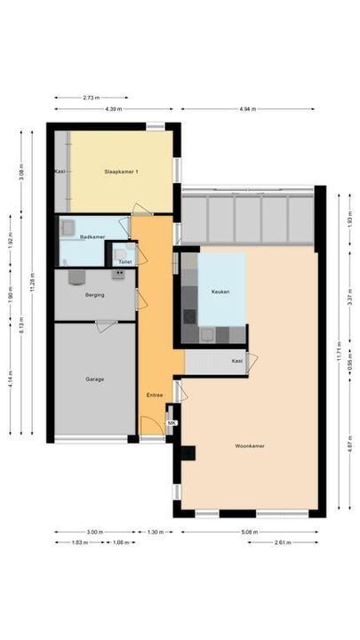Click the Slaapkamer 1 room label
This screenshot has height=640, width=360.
pos(121,171)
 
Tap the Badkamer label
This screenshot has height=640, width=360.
pos(92,237)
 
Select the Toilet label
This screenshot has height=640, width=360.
pos(124,262)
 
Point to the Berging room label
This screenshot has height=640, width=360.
pos(95,294)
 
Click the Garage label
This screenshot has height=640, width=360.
pos(94,379)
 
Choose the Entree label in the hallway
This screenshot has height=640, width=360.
pos(154,394)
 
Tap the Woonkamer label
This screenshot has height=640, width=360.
pos(250,445)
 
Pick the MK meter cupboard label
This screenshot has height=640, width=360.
pos(172,423)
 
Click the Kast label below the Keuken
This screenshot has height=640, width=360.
pos(236,361)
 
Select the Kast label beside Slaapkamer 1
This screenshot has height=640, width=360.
pos(60,171)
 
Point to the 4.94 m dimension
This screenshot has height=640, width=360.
pos(247,109)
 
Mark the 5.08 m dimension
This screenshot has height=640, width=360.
pos(250,532)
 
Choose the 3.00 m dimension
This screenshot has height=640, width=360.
pos(94,532)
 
